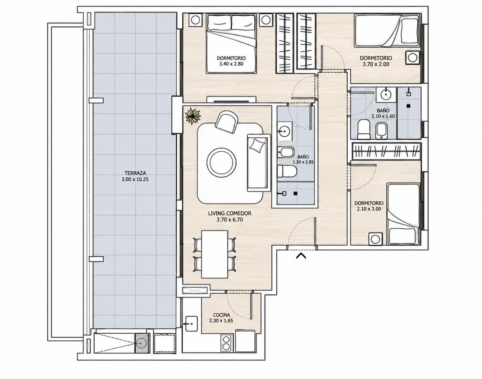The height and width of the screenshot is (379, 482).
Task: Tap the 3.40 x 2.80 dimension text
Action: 231,64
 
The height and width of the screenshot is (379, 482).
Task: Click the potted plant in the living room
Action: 193,116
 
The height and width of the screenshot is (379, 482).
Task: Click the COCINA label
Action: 221,315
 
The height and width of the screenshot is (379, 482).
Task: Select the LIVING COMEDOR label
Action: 230,213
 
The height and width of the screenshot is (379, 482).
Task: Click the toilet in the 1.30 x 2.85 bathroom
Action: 286,171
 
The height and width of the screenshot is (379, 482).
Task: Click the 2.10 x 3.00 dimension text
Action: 369,209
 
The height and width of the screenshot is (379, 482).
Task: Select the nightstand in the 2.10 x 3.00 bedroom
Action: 375,239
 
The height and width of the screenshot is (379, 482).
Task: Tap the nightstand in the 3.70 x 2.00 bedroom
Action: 413,58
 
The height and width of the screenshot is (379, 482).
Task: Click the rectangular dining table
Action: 215,254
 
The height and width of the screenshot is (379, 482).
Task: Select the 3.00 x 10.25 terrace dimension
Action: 135,179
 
